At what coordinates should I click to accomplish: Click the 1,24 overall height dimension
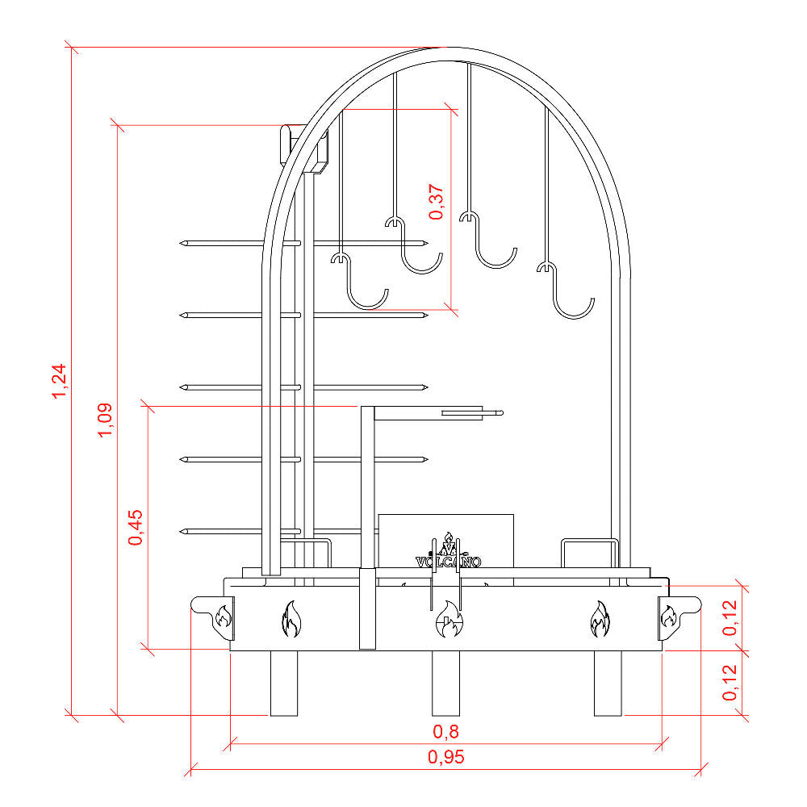59,381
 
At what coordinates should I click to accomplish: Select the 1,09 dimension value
105,420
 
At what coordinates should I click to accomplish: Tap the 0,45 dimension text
136,528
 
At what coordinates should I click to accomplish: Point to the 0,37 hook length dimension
436,202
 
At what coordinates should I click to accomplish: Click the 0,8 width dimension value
445,731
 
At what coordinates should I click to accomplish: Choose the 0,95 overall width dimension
445,757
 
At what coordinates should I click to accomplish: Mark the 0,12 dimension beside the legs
730,683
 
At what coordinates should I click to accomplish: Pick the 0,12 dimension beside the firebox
730,618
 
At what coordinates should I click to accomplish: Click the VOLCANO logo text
448,562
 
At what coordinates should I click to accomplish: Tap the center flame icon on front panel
449,619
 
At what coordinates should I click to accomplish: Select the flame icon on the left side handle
224,616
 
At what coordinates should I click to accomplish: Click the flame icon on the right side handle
668,616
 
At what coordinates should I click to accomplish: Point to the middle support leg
445,684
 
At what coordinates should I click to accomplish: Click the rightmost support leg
608,684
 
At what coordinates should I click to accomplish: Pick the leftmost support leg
284,684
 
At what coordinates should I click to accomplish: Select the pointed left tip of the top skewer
181,243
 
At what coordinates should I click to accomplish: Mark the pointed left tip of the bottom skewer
181,531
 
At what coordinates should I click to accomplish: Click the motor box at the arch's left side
303,147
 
